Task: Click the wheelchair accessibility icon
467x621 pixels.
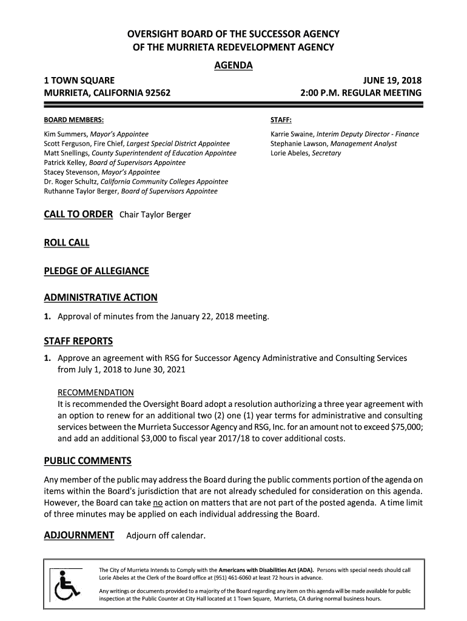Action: click(x=67, y=586)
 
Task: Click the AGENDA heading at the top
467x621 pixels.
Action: click(x=233, y=65)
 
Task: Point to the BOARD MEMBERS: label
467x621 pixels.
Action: click(x=73, y=120)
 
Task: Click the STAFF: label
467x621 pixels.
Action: click(x=281, y=120)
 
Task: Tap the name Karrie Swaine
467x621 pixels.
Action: click(x=292, y=134)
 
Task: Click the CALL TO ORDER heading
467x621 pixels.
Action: click(x=78, y=214)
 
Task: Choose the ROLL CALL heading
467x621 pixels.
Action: click(x=67, y=243)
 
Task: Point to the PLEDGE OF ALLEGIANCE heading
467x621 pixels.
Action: click(x=96, y=271)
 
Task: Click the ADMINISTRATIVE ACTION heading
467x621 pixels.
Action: click(x=101, y=297)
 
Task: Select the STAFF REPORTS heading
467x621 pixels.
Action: click(x=78, y=341)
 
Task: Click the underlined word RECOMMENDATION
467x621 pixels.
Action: click(x=96, y=392)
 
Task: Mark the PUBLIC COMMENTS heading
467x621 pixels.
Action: click(x=87, y=461)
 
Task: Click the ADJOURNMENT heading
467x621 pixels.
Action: click(x=79, y=535)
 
